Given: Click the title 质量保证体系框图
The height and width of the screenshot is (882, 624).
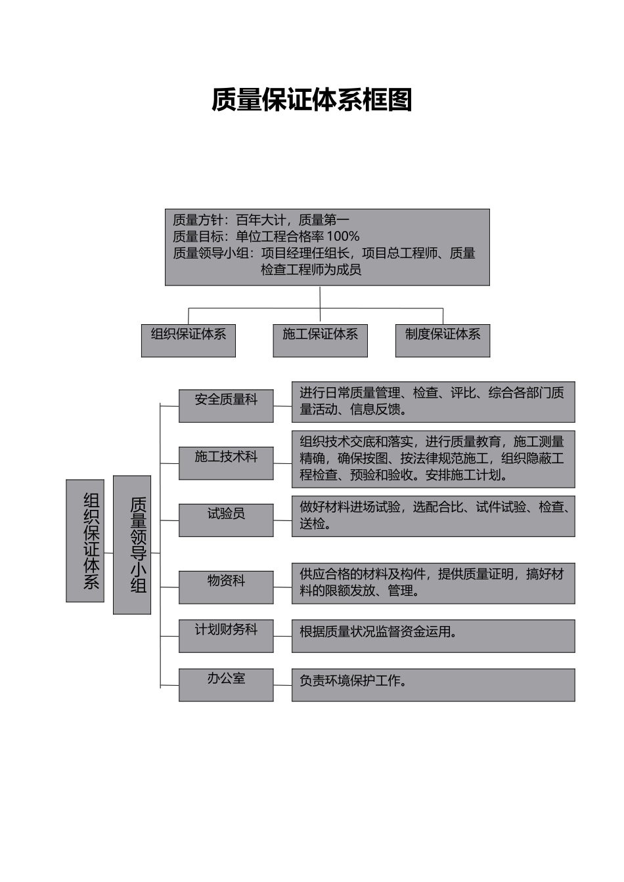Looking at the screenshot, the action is (311, 100).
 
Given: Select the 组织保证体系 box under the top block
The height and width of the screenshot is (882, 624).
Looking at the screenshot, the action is (188, 340).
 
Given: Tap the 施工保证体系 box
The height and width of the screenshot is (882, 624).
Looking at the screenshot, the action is (320, 340).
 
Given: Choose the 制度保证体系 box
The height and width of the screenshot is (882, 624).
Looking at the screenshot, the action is (442, 340).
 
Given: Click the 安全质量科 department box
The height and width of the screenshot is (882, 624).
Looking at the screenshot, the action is (226, 405).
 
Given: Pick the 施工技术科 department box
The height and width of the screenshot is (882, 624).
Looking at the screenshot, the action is (226, 463).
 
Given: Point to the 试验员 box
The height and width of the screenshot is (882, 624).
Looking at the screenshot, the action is (226, 520).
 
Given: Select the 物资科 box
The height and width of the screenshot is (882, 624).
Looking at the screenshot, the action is (226, 587).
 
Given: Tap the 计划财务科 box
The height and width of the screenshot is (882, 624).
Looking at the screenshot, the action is (226, 635).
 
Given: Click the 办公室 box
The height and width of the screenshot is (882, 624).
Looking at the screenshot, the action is (226, 684).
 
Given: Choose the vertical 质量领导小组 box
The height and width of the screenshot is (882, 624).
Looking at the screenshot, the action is (132, 545).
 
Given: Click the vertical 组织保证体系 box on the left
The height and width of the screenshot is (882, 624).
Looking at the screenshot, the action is (85, 540).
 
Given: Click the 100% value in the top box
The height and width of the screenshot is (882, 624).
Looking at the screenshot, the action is (343, 236).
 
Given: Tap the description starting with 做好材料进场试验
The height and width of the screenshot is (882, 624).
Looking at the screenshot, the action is (433, 516).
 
